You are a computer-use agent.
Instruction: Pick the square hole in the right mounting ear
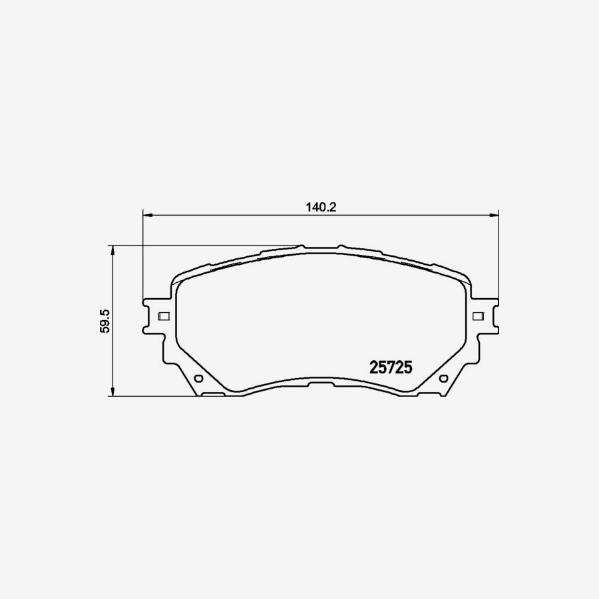(x=477, y=315)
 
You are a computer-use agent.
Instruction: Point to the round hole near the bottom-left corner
(x=198, y=379)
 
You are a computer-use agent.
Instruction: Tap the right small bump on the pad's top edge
(x=340, y=246)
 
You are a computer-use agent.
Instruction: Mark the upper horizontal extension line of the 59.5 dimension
(x=200, y=246)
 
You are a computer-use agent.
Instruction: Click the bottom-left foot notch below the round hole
(x=213, y=395)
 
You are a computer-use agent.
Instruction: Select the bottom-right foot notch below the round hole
(x=429, y=395)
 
